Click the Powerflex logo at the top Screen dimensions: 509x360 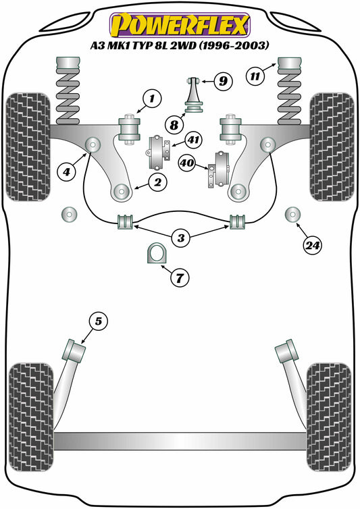(x=180, y=24)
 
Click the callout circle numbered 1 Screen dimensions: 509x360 (x=153, y=100)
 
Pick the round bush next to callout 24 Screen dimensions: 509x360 (x=292, y=215)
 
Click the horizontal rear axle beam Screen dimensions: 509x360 (x=180, y=441)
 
